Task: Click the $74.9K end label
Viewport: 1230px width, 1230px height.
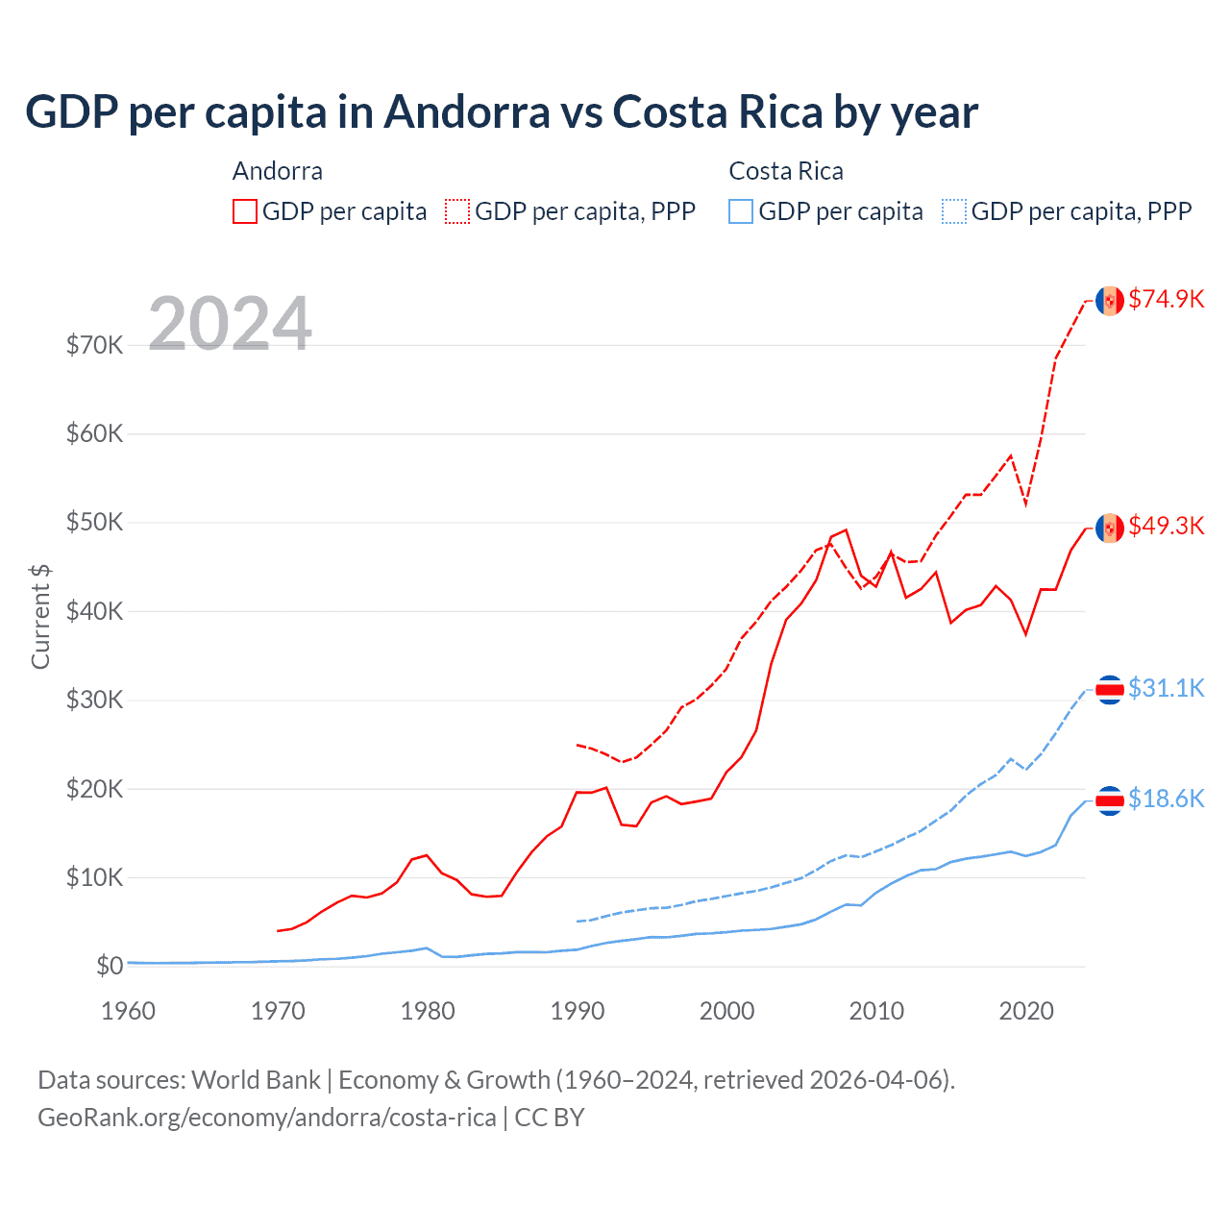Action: click(x=1166, y=299)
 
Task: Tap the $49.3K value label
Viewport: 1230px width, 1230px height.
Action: click(x=1166, y=526)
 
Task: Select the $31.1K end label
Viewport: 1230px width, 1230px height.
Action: click(x=1166, y=688)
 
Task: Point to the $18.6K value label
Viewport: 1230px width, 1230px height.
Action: click(x=1166, y=799)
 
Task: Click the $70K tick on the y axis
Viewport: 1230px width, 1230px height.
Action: click(x=94, y=345)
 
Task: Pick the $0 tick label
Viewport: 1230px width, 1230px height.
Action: click(x=110, y=966)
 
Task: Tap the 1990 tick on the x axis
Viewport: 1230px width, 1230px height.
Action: click(x=578, y=1011)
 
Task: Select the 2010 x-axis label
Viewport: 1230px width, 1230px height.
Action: click(x=876, y=1011)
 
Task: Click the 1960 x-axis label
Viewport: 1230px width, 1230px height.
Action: click(x=128, y=1011)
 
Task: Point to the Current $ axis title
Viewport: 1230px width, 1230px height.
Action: click(x=40, y=617)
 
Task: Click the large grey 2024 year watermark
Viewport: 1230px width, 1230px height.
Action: click(x=230, y=324)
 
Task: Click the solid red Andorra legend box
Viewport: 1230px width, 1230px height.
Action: click(x=245, y=211)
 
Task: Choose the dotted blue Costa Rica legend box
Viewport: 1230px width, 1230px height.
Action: click(x=954, y=211)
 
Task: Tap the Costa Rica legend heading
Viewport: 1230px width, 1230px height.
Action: click(x=786, y=171)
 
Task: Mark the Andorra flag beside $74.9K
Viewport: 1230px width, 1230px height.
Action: click(x=1110, y=301)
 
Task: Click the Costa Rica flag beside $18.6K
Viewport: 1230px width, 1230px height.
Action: click(x=1110, y=800)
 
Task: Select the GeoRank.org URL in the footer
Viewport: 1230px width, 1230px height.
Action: click(x=266, y=1118)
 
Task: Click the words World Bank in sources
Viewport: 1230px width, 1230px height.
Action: click(x=256, y=1080)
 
